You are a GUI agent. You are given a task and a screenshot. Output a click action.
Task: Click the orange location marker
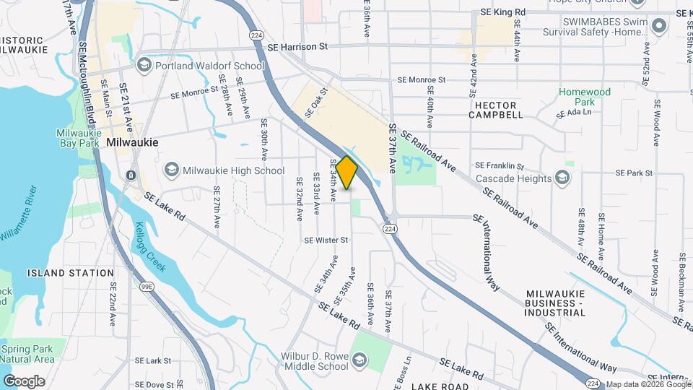click(347, 173)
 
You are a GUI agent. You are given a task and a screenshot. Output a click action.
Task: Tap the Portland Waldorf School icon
click(144, 66)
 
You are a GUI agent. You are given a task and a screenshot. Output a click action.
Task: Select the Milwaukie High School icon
click(171, 170)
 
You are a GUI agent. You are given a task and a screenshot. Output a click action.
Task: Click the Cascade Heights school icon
click(562, 178)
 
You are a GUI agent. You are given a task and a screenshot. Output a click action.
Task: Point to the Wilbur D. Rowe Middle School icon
click(359, 360)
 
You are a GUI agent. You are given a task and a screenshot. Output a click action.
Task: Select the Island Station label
click(71, 273)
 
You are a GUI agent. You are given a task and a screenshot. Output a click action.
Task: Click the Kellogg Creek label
click(150, 247)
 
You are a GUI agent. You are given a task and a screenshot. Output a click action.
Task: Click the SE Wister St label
click(326, 240)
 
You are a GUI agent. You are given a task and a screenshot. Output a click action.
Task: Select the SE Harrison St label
click(297, 46)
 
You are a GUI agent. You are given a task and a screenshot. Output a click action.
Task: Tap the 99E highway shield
click(147, 287)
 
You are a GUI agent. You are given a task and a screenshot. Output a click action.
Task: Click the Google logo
click(24, 381)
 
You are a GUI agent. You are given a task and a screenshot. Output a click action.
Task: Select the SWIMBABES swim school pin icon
click(658, 27)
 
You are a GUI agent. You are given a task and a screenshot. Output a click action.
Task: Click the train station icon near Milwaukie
click(131, 175)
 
